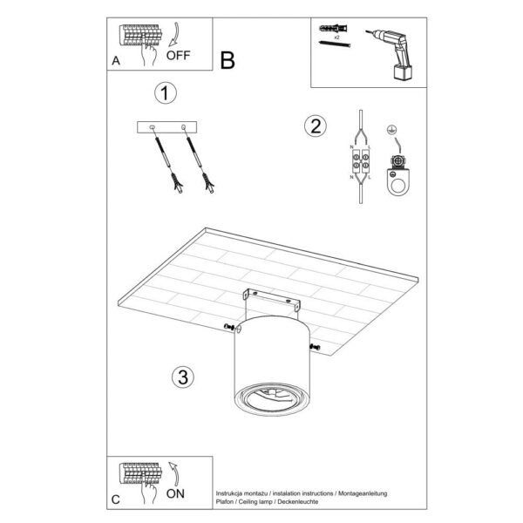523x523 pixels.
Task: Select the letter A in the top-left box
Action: [116, 61]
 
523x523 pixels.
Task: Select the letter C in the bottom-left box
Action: [116, 499]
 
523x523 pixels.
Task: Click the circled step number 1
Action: [163, 92]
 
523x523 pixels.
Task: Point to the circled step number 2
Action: [315, 126]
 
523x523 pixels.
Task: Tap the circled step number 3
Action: [181, 377]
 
